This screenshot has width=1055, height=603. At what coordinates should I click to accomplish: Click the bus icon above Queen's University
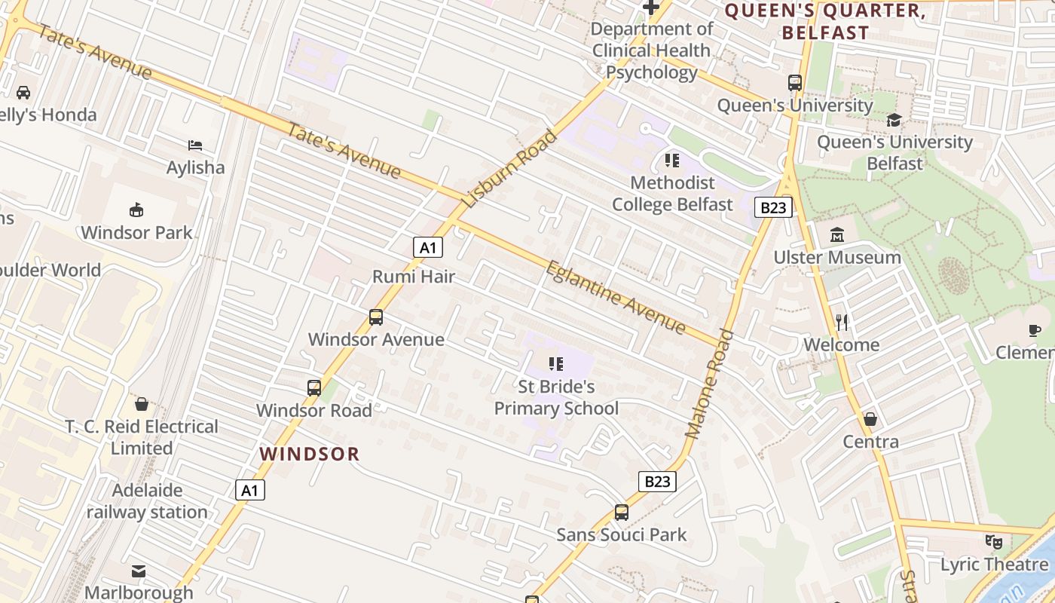795,83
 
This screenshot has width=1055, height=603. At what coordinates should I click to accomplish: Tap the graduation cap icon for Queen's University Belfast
894,120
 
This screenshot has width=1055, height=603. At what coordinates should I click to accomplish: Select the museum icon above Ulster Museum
837,235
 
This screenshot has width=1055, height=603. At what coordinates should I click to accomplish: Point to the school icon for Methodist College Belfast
671,161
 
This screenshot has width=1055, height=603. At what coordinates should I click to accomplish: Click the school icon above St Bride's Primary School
556,365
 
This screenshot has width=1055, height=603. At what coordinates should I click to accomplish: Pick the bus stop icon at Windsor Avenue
376,317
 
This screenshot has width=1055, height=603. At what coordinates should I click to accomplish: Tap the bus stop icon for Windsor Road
314,388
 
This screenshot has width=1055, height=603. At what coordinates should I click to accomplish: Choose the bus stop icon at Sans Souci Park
622,513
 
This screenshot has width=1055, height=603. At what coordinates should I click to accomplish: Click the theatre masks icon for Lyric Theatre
994,542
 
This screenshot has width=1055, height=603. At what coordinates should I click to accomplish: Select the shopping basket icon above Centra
870,419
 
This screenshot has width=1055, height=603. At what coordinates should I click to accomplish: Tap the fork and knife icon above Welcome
842,323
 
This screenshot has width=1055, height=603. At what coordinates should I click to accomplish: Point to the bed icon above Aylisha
195,145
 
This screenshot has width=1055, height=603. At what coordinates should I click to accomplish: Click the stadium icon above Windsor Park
136,210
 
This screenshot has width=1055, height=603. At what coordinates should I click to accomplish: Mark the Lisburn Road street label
509,169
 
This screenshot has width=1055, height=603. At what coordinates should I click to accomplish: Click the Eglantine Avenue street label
616,298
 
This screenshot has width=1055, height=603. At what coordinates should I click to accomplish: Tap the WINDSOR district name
310,454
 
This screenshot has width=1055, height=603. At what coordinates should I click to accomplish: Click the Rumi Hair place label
414,277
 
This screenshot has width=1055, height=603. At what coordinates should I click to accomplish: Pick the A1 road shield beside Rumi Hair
427,247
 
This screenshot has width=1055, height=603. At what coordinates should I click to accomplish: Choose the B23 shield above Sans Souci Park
657,482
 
